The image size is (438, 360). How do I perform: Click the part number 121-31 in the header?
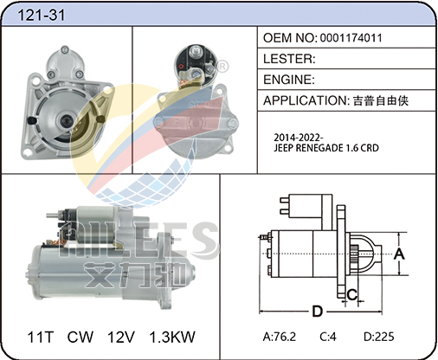(42, 15)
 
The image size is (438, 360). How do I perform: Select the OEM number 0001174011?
(351, 38)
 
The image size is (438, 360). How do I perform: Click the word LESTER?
(287, 59)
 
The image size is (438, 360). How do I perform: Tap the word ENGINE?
(287, 80)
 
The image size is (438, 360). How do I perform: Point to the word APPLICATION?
(305, 100)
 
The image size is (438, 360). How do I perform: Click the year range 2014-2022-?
(299, 137)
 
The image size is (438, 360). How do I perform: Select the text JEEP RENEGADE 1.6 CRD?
(326, 148)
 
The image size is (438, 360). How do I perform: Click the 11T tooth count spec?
(41, 337)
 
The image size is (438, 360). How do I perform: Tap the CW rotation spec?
(81, 337)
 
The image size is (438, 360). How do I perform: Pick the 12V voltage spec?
(121, 337)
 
